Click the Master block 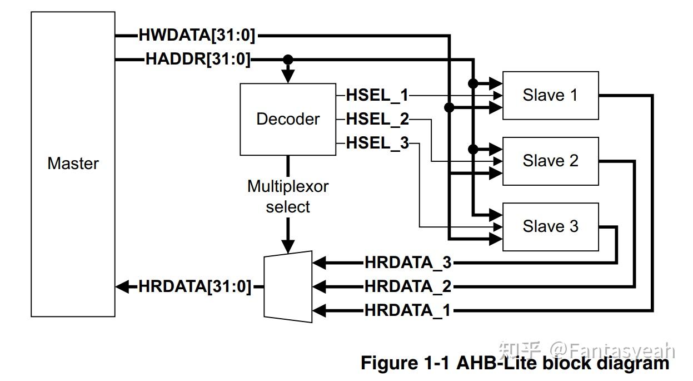click(73, 164)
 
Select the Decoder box click(287, 119)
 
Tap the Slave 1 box click(550, 95)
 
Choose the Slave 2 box click(550, 161)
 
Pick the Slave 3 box click(550, 226)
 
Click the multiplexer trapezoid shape click(288, 286)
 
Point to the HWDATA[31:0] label click(197, 36)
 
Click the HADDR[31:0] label click(198, 59)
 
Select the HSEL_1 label click(377, 95)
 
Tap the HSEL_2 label click(377, 118)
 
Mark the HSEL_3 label click(377, 143)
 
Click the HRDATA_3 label click(408, 262)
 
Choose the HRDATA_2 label click(408, 286)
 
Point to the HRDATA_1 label click(408, 310)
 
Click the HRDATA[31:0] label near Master click(195, 286)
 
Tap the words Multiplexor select click(287, 196)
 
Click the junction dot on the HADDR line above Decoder click(287, 59)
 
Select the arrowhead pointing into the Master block click(122, 286)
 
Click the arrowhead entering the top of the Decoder click(287, 77)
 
